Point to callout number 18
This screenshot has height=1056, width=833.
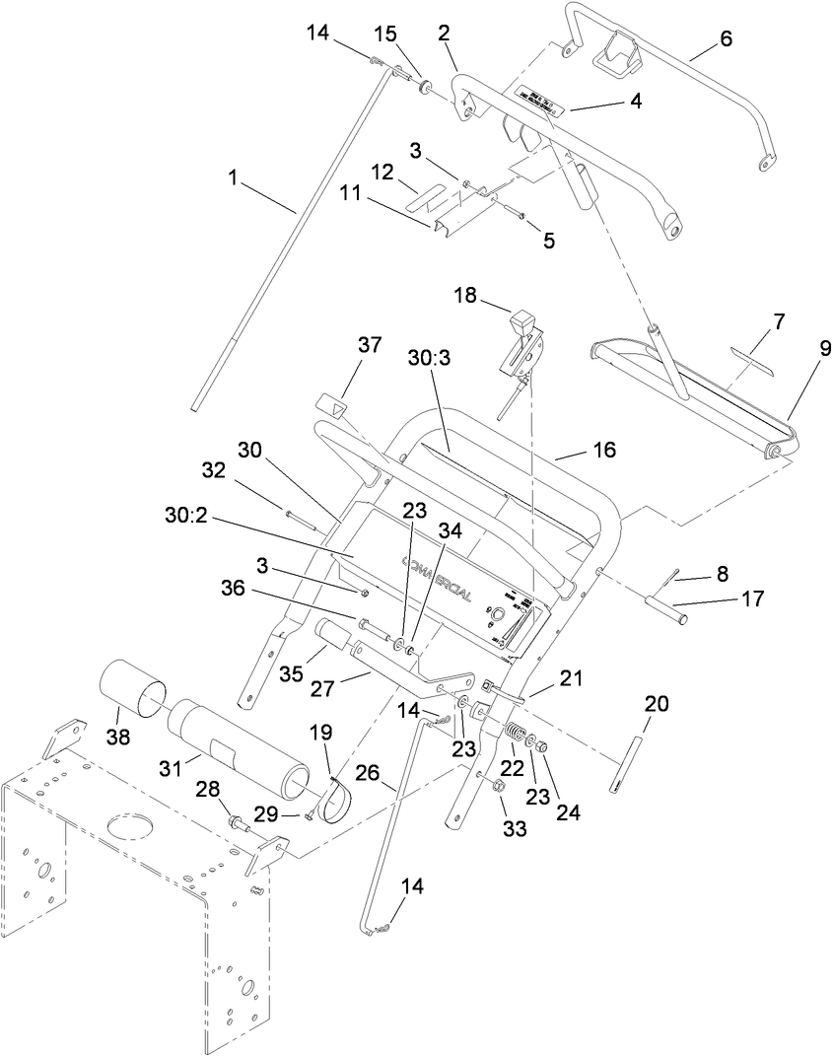coord(466,294)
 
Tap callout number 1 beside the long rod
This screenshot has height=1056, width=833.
coord(233,178)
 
